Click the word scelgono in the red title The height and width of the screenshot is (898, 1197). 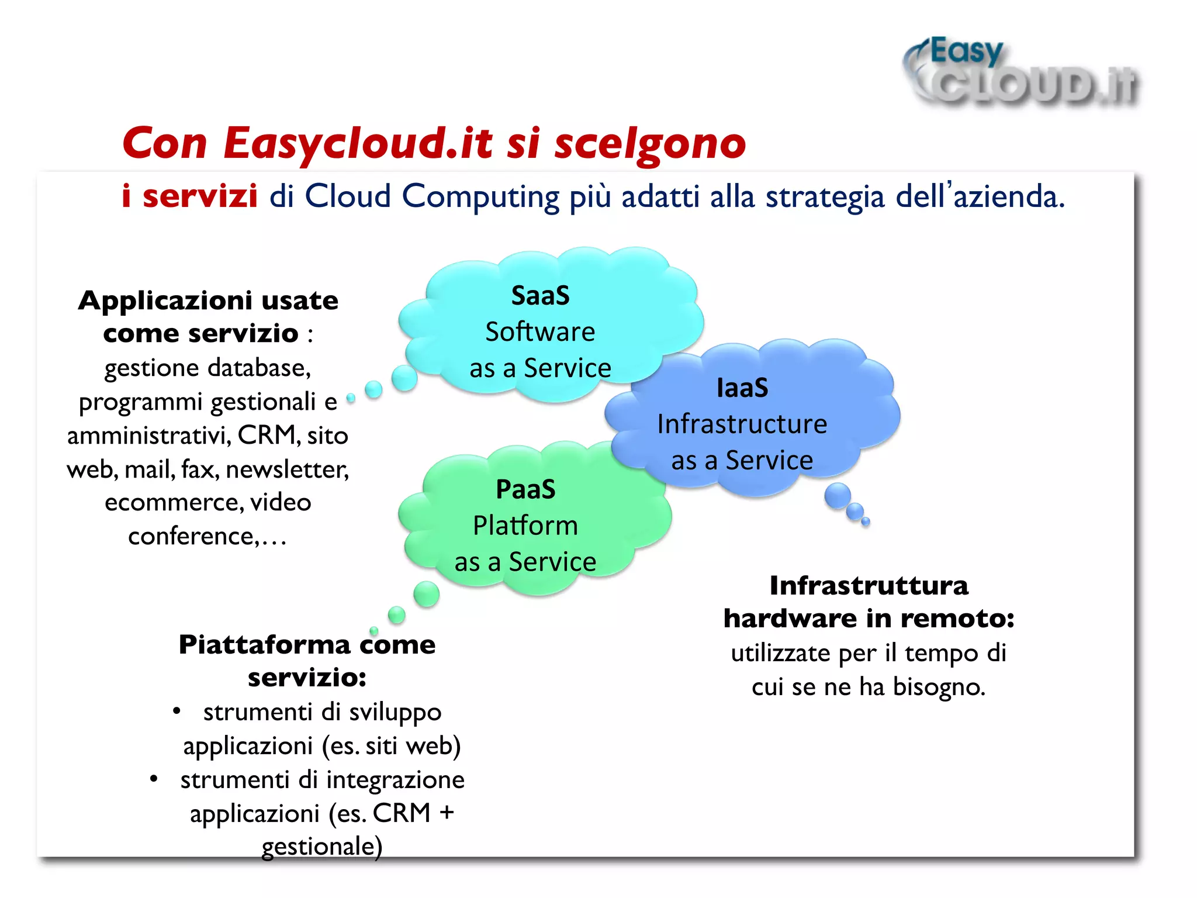coord(649,144)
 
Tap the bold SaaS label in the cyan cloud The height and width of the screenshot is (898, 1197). coord(540,296)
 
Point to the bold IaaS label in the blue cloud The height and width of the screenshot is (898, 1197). coord(742,388)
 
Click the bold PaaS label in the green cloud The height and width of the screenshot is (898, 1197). coord(525,489)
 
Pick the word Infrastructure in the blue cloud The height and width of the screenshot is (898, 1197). coord(742,424)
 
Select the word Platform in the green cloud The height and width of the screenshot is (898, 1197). coord(525,526)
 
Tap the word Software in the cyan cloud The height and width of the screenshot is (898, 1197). coord(540,332)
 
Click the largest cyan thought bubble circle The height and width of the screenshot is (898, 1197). coord(404,378)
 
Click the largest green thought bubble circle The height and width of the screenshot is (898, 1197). coord(426,594)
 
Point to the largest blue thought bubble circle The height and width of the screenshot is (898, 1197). coord(838,496)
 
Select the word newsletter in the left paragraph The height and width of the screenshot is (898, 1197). coord(287,469)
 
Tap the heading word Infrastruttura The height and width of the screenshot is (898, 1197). coord(869,586)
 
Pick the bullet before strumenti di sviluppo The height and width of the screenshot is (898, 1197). coord(177,712)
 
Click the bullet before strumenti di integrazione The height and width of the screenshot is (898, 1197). coord(154,779)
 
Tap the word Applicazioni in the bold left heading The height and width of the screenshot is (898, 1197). coord(165,301)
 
